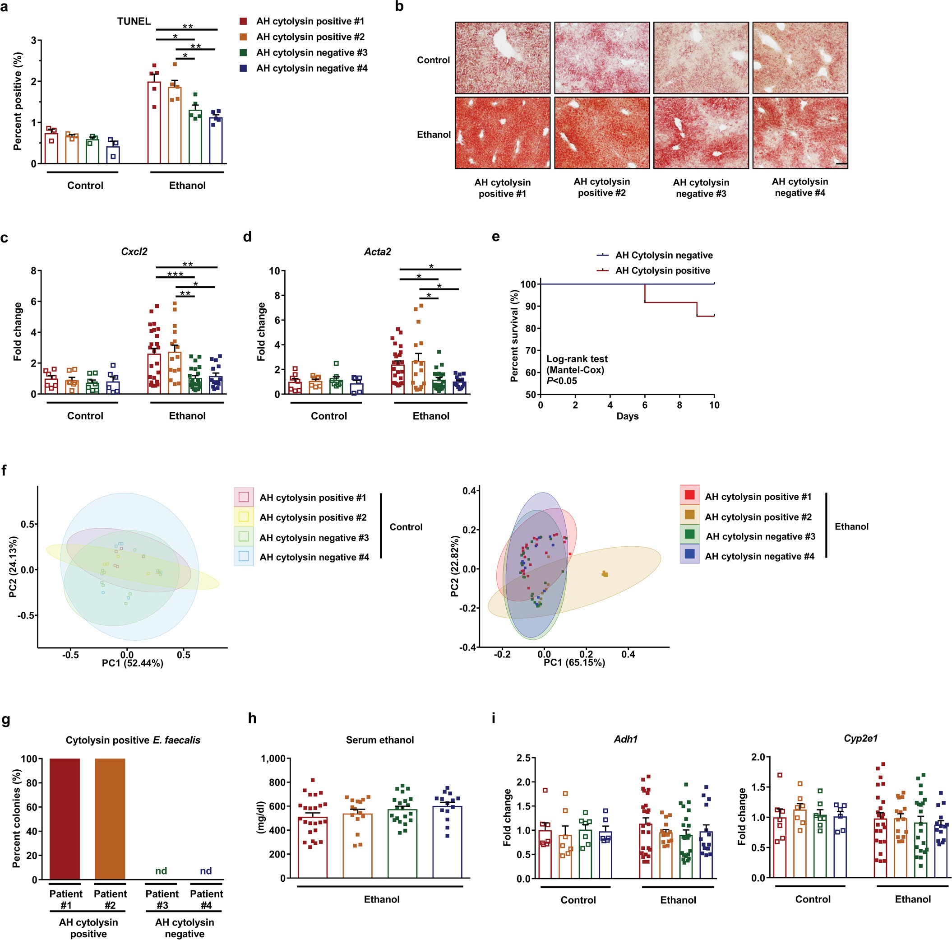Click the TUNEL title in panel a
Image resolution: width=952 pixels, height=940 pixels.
click(x=134, y=21)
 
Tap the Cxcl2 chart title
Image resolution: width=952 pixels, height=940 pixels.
click(x=134, y=251)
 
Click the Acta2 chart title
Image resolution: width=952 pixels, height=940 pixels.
click(x=378, y=251)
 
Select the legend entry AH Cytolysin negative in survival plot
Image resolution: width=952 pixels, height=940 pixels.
click(x=663, y=255)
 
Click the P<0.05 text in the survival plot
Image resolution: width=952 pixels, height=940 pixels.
click(x=561, y=381)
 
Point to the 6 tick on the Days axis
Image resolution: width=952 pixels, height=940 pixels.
click(x=645, y=405)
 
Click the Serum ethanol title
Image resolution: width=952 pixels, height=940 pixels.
click(x=380, y=740)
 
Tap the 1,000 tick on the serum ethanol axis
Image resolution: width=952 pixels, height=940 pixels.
click(x=276, y=759)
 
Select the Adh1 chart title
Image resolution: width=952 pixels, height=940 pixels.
click(x=626, y=739)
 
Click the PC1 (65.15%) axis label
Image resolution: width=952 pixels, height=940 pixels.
click(x=574, y=662)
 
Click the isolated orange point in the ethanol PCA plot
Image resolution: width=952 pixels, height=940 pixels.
click(x=605, y=573)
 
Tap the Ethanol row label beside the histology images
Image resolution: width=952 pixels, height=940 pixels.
click(x=434, y=135)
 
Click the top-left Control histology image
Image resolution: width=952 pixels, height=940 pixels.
click(x=502, y=58)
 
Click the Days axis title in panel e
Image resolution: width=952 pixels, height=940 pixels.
click(x=627, y=416)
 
